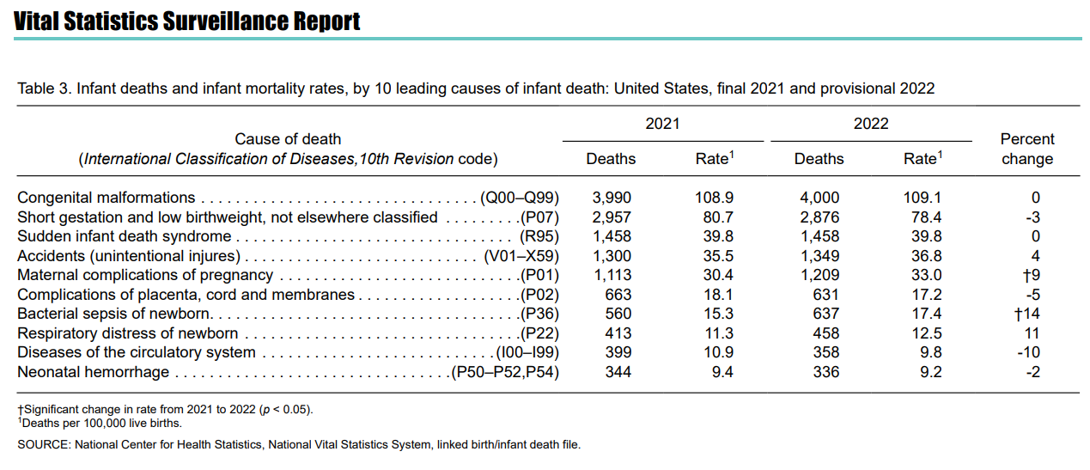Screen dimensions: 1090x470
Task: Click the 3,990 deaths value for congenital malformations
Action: click(x=612, y=198)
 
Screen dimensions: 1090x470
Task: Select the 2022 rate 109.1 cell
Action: click(x=923, y=198)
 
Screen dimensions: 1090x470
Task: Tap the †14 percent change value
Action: click(x=1026, y=314)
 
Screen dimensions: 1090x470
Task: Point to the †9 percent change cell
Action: click(x=1031, y=275)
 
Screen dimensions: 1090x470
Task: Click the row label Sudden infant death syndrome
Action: click(x=124, y=236)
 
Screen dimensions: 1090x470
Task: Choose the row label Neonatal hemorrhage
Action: click(x=94, y=372)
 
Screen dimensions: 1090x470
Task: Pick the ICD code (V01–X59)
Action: click(x=521, y=256)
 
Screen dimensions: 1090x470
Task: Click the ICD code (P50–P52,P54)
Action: click(x=505, y=372)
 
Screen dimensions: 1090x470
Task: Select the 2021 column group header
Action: click(x=662, y=124)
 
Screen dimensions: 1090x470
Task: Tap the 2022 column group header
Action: click(x=871, y=124)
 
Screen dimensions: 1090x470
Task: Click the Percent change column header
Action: click(x=1027, y=149)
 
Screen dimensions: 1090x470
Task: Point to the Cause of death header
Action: click(x=288, y=139)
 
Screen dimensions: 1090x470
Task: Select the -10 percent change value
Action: click(x=1029, y=352)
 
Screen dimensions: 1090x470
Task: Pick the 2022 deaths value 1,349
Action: click(x=819, y=256)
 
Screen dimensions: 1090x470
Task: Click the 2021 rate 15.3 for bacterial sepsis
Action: click(x=718, y=314)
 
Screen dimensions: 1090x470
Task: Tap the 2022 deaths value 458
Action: click(x=825, y=333)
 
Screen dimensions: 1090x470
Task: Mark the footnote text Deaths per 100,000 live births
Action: click(x=101, y=424)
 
